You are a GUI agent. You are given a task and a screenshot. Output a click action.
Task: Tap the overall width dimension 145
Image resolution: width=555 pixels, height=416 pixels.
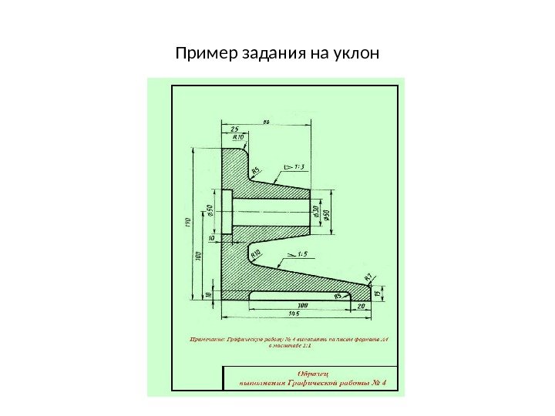[294, 314]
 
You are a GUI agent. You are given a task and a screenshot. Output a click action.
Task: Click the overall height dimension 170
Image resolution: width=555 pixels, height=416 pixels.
[187, 223]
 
